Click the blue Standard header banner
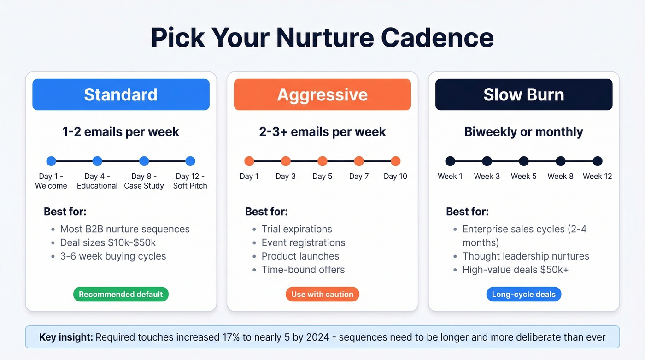121,94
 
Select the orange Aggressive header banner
322,94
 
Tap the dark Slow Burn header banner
523,94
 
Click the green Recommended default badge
121,294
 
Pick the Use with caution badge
322,294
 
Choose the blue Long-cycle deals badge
523,294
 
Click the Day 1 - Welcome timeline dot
51,161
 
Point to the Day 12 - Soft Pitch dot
190,161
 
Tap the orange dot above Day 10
395,161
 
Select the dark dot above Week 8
560,161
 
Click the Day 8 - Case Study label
144,181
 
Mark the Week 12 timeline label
597,176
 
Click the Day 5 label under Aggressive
322,176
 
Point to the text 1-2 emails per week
121,132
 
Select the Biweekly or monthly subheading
523,132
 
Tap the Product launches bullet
300,256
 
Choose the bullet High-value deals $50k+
515,269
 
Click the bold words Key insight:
65,337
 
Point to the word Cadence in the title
437,38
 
